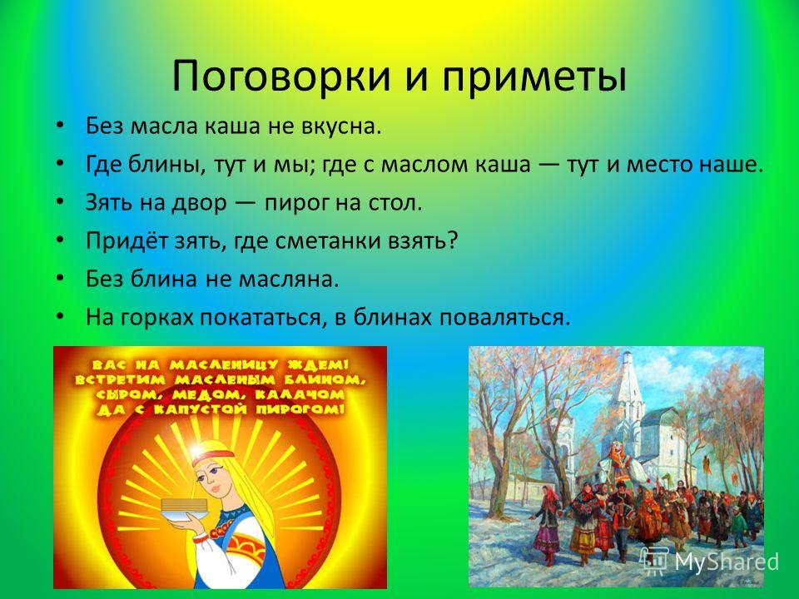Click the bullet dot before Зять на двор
point(60,201)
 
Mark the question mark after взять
point(453,240)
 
